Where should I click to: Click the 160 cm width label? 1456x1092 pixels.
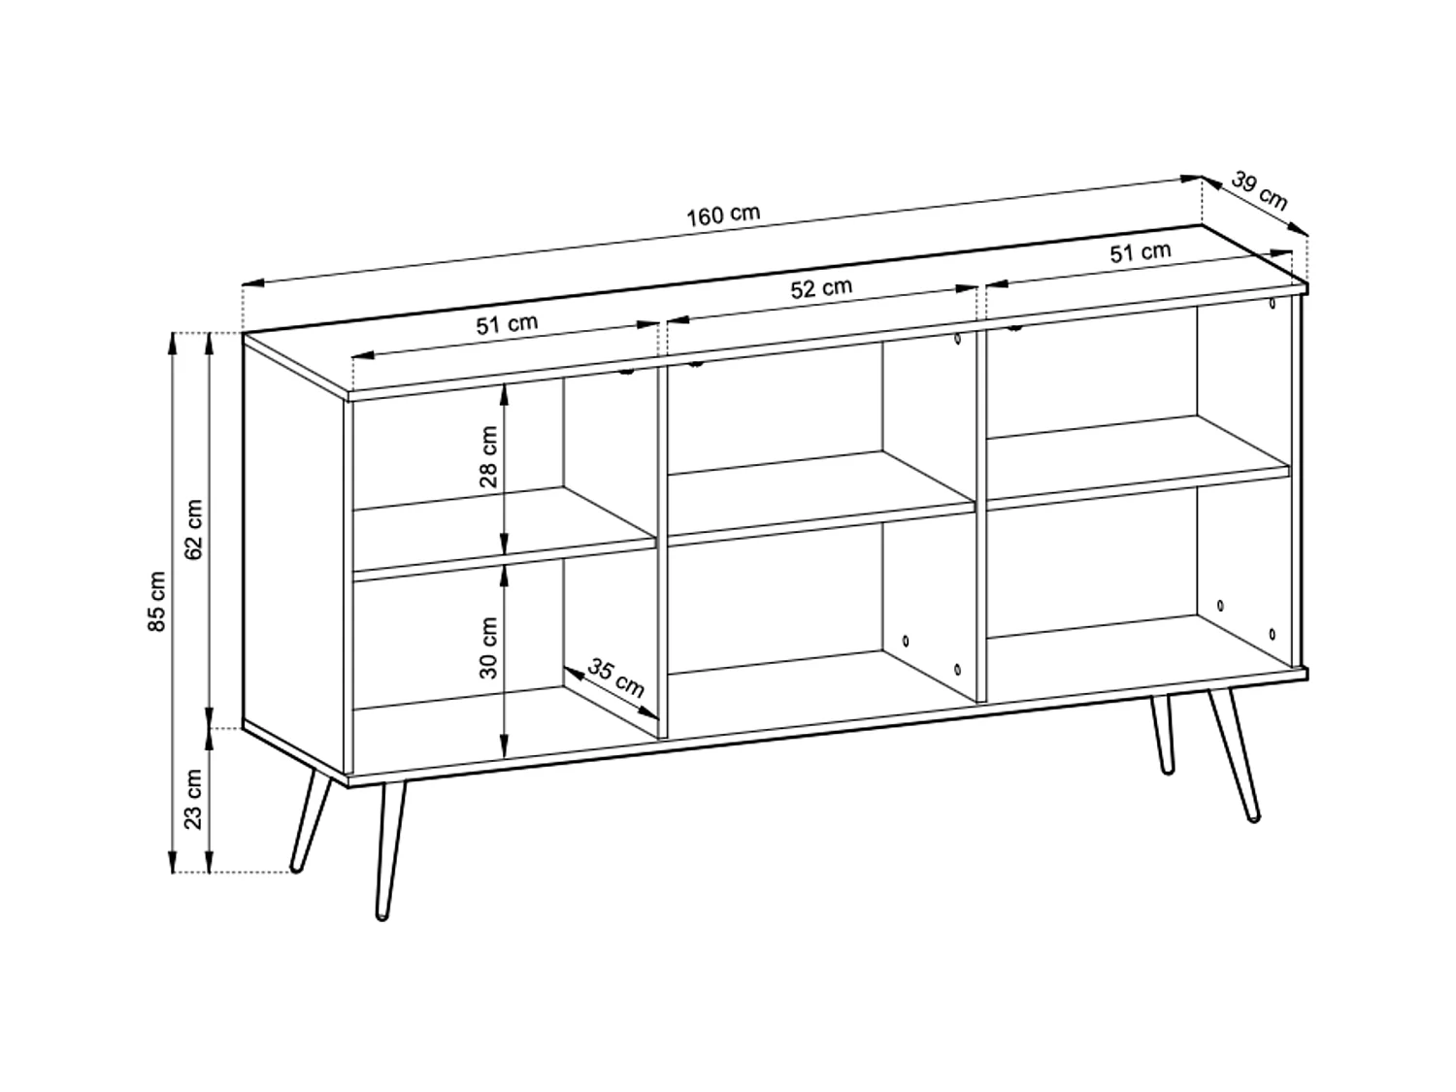click(x=723, y=215)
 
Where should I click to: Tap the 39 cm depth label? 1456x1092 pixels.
click(x=1259, y=191)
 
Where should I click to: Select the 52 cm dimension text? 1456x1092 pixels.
click(x=821, y=288)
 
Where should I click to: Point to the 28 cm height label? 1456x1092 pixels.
click(x=488, y=456)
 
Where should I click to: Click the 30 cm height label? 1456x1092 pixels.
click(x=488, y=647)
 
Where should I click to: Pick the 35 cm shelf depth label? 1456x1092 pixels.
click(x=615, y=678)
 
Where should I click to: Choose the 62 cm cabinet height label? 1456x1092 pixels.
click(x=193, y=529)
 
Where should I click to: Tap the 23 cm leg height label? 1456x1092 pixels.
click(x=193, y=799)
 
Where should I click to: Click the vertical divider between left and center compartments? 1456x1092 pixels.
click(x=663, y=544)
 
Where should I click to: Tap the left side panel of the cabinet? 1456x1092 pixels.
click(x=294, y=558)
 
